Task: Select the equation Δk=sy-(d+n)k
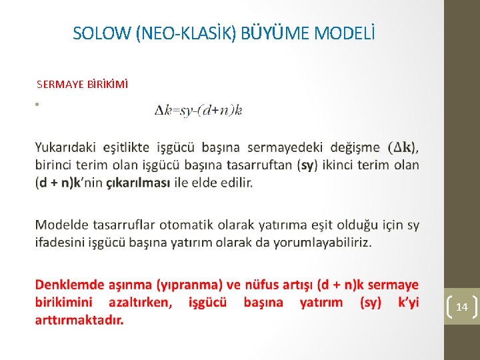198,111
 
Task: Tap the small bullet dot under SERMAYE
39,105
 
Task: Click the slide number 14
461,307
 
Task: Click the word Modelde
60,225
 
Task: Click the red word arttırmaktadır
79,320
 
